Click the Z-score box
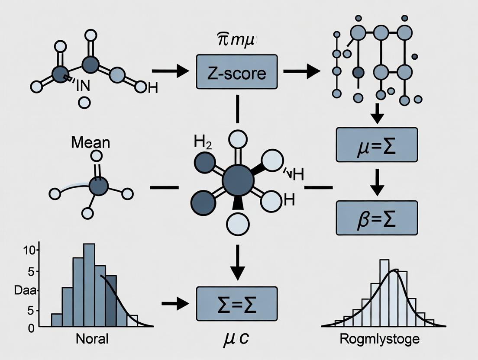(236, 72)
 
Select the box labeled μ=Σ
(377, 145)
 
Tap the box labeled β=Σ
(377, 218)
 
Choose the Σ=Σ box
(236, 303)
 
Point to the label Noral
(92, 339)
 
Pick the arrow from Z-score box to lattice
(301, 72)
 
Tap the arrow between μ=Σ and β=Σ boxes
(378, 181)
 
